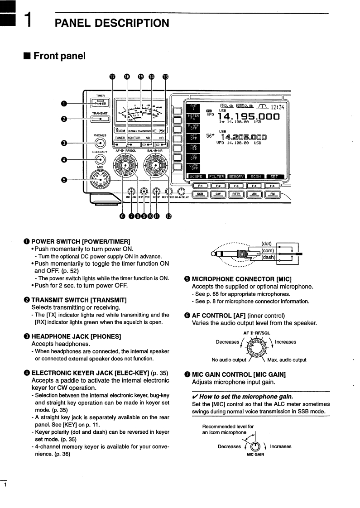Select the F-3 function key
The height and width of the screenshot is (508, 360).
click(236, 185)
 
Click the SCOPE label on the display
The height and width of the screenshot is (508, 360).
click(196, 177)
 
